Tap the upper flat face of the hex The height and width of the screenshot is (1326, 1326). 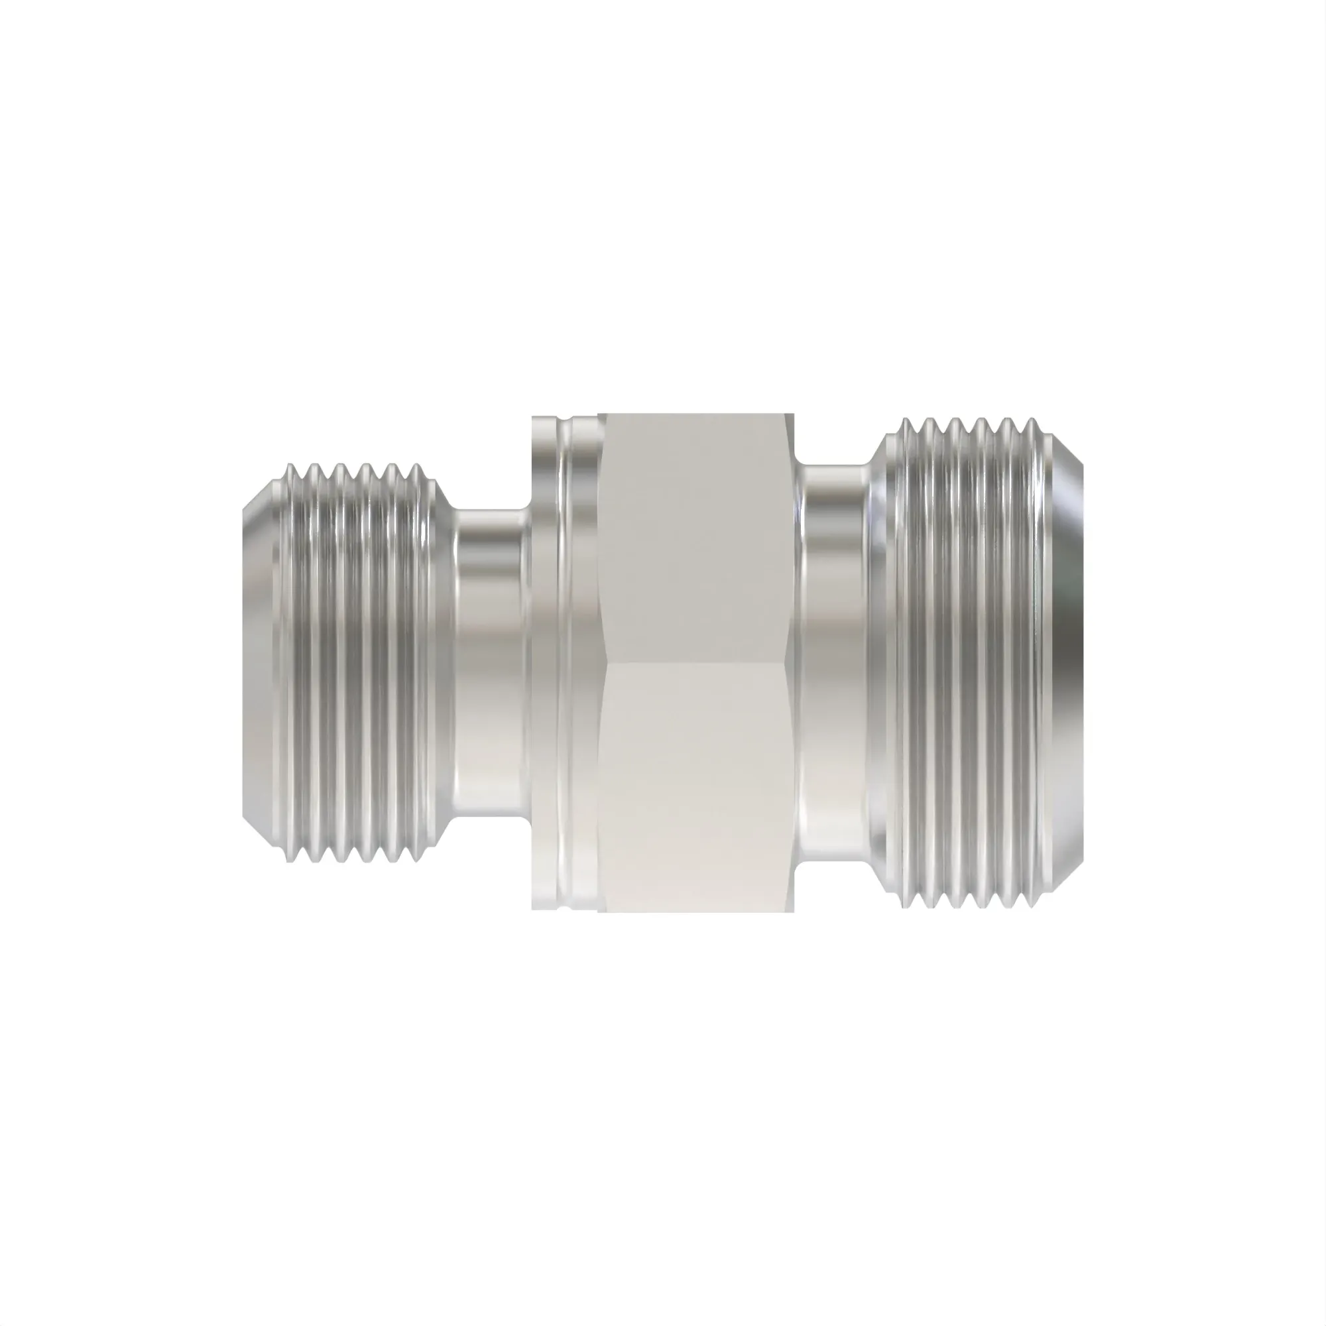(x=697, y=535)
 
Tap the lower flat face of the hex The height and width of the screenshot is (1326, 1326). (x=697, y=789)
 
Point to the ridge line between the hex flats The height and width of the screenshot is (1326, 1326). (x=697, y=663)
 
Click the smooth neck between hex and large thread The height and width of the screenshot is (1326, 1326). (x=834, y=662)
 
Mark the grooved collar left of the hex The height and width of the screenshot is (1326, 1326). (x=566, y=662)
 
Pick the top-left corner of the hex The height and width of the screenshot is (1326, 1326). (x=599, y=414)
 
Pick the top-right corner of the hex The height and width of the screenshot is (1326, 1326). (x=795, y=414)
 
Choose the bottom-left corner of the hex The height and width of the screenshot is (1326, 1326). (x=599, y=912)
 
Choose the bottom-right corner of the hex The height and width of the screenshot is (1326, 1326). (x=795, y=912)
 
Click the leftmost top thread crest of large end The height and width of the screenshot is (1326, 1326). (x=904, y=420)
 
